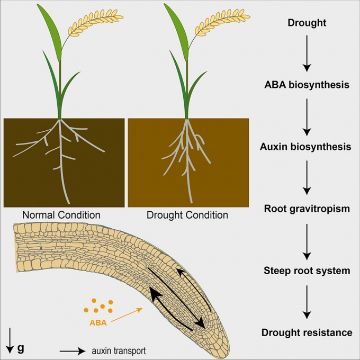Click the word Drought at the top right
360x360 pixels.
tap(307, 23)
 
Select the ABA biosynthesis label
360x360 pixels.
tap(307, 85)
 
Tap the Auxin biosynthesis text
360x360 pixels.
tap(307, 147)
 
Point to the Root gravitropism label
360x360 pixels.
tap(307, 209)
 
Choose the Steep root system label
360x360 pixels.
tap(307, 271)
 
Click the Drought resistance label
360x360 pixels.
tap(307, 332)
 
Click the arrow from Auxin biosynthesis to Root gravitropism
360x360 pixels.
tap(307, 178)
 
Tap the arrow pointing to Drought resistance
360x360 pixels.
tap(307, 302)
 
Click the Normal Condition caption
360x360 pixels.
tap(61, 215)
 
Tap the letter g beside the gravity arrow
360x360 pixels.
tap(21, 348)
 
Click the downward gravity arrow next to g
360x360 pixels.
tap(10, 340)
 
